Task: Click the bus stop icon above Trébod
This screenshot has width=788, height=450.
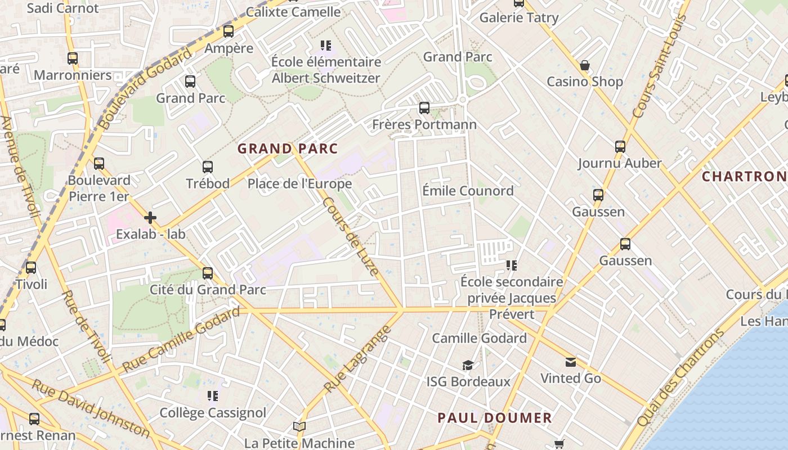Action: point(208,166)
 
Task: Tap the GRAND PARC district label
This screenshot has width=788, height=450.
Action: point(288,148)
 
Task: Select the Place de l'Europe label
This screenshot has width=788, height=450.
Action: point(299,184)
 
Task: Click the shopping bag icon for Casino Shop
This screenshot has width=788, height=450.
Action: point(585,65)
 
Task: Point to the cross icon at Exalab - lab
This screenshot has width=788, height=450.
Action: point(150,217)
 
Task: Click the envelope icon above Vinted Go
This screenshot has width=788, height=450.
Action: point(571,362)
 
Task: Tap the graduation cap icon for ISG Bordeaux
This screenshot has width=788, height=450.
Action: point(468,366)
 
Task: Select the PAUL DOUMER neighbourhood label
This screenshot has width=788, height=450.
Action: point(495,418)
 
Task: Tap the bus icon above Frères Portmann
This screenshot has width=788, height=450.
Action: point(424,107)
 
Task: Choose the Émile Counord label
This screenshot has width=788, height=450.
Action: point(468,191)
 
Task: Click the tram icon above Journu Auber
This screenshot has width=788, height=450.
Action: point(620,147)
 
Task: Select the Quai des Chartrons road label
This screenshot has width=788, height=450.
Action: point(682,377)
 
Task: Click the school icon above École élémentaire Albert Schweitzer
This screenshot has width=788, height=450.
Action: point(325,45)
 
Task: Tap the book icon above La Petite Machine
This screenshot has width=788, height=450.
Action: point(299,427)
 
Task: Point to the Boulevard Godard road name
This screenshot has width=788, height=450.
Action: point(144,88)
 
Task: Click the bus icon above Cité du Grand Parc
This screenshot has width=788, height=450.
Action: point(208,273)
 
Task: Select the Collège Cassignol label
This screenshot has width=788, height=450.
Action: point(213,413)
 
